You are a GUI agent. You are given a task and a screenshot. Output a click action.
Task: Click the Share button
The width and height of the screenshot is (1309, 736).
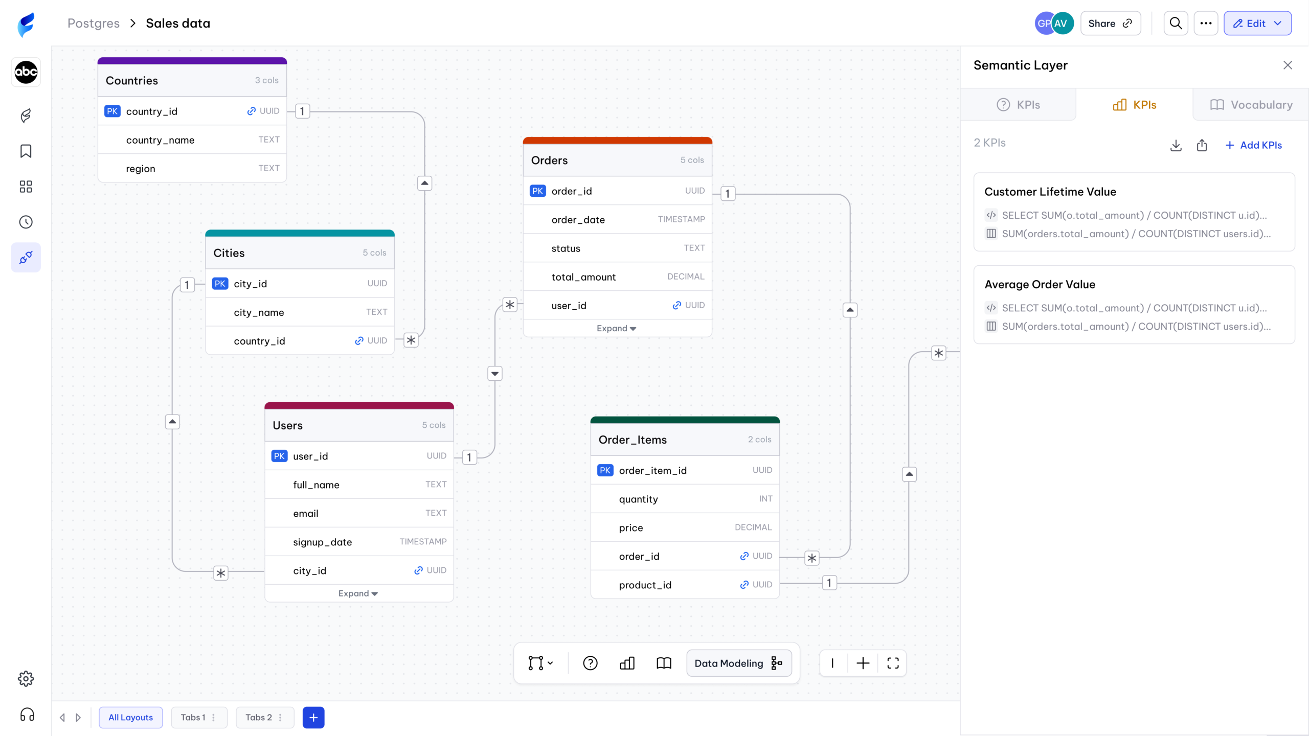pyautogui.click(x=1110, y=24)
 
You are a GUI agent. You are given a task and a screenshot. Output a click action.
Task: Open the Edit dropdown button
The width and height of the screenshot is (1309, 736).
pyautogui.click(x=1257, y=24)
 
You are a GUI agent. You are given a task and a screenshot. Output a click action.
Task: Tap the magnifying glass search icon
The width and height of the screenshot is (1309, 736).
pyautogui.click(x=1176, y=24)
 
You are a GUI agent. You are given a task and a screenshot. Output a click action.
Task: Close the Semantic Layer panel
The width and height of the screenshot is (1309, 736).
pyautogui.click(x=1288, y=65)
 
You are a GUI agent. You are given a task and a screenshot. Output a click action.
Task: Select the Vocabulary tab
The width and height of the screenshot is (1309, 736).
pyautogui.click(x=1251, y=105)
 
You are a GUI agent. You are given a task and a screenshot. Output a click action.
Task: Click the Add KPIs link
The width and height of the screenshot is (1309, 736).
pyautogui.click(x=1254, y=145)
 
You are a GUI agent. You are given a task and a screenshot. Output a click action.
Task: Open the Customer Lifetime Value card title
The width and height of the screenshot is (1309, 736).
pyautogui.click(x=1050, y=192)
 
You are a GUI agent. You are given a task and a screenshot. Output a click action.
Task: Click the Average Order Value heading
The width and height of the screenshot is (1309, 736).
pyautogui.click(x=1040, y=284)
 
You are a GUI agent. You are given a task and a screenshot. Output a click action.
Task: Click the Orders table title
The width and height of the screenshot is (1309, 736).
pyautogui.click(x=549, y=160)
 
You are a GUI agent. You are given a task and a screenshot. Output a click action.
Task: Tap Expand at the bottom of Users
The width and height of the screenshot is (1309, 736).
pyautogui.click(x=358, y=593)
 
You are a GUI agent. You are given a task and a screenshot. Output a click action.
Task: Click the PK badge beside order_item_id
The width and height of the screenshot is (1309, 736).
pyautogui.click(x=605, y=470)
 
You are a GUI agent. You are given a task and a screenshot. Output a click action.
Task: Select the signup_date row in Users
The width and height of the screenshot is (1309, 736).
pyautogui.click(x=359, y=542)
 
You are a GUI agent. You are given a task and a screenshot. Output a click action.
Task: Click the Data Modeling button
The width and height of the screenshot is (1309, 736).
pyautogui.click(x=739, y=663)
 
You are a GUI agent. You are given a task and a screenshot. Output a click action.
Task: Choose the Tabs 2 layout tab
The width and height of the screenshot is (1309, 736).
pyautogui.click(x=264, y=718)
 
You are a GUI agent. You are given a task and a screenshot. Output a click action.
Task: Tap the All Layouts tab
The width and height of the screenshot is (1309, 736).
pyautogui.click(x=130, y=718)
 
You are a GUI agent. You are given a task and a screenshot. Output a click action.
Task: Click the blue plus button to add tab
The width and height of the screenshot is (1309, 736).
pyautogui.click(x=313, y=718)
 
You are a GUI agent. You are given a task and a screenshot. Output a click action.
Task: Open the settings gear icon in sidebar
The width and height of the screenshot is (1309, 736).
pyautogui.click(x=26, y=679)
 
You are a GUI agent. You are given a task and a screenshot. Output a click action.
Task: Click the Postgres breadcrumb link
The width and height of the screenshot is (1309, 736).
pyautogui.click(x=94, y=24)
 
